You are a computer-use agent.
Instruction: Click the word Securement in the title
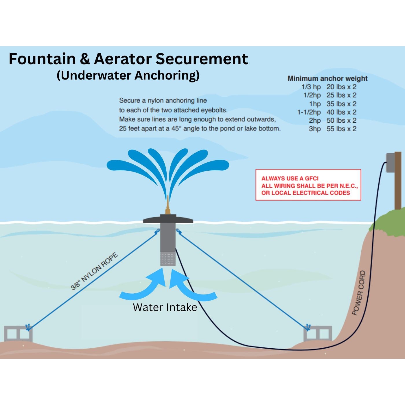point(202,59)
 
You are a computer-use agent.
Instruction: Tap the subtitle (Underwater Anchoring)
point(128,76)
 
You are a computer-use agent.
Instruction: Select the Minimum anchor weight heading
point(327,78)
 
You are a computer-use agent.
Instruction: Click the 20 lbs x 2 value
point(341,87)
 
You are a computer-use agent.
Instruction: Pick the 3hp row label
point(315,129)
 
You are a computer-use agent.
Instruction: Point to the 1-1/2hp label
point(309,112)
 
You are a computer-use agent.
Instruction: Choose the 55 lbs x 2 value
point(341,129)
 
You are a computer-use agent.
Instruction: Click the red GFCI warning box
point(308,185)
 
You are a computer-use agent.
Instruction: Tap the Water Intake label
point(165,307)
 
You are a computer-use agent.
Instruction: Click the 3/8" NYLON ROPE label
point(94,271)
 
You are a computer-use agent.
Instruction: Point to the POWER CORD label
point(359,293)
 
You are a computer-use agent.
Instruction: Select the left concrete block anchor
point(18,333)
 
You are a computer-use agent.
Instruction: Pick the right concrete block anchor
point(318,333)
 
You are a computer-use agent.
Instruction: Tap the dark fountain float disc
point(168,219)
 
